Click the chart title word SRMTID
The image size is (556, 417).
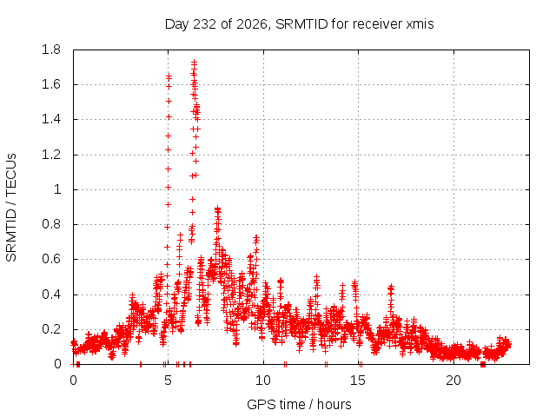[301, 24]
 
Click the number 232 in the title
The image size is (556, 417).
[204, 24]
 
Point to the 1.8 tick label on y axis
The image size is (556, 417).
[51, 50]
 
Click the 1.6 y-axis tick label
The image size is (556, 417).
[51, 84]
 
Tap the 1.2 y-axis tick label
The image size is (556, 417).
[51, 155]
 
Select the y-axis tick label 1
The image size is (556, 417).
[57, 189]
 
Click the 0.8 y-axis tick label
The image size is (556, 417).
[51, 224]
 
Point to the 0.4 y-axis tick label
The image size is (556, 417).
[51, 295]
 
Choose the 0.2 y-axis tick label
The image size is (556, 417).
[51, 329]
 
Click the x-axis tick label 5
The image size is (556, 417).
[168, 381]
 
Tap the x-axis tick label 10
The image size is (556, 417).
[263, 381]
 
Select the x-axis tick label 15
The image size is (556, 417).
[358, 381]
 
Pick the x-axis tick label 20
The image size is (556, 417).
[453, 381]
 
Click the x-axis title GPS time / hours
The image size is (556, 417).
[299, 404]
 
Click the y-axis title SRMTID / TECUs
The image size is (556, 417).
[11, 208]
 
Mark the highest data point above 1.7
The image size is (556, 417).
[194, 63]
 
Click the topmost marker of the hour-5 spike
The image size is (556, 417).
[169, 76]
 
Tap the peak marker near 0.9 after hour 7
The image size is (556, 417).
[218, 209]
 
